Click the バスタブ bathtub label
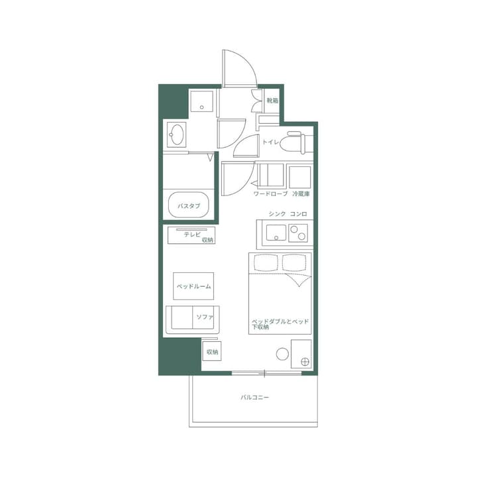[x=189, y=206]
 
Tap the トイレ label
[x=270, y=142]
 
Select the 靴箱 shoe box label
[x=272, y=101]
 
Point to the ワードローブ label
[x=270, y=194]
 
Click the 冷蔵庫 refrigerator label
[x=301, y=194]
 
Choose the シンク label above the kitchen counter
[x=278, y=214]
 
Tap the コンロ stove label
[x=299, y=214]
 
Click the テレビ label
[x=192, y=233]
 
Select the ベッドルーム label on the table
[x=193, y=286]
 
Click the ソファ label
[x=205, y=317]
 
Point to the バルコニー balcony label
[x=254, y=397]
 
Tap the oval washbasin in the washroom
[x=177, y=136]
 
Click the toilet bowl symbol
[x=293, y=142]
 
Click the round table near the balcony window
[x=282, y=354]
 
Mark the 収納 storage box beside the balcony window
[x=211, y=352]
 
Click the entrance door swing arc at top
[x=240, y=66]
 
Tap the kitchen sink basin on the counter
[x=276, y=233]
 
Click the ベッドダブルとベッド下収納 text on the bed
[x=280, y=323]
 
